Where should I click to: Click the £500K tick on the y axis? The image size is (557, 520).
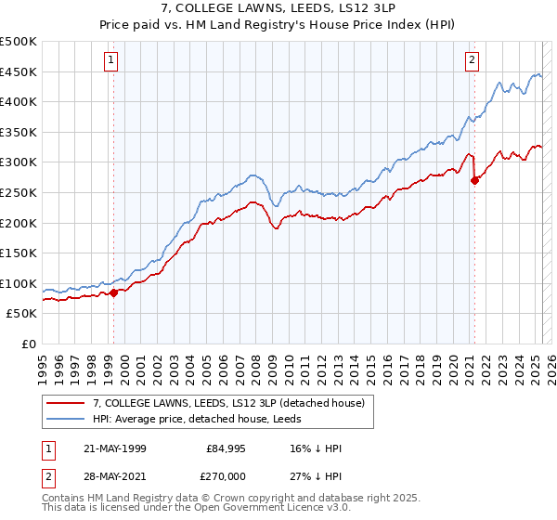point(19,42)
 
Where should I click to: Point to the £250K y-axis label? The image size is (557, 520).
point(19,192)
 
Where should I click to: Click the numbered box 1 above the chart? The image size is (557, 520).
point(111,60)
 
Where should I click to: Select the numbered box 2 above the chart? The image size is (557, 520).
point(472,60)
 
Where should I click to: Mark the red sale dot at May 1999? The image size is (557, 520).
point(113,292)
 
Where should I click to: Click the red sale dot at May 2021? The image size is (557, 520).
point(474,181)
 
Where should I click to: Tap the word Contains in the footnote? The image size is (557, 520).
point(66,499)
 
